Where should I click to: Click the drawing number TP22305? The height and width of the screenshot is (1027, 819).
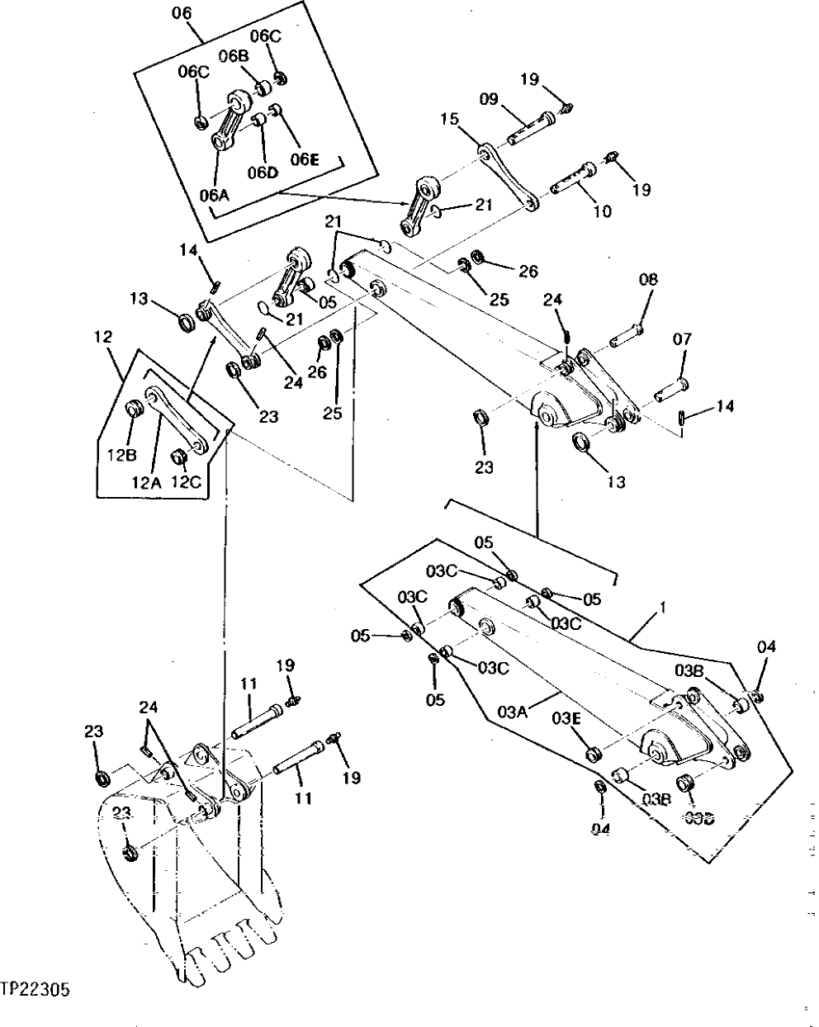[36, 987]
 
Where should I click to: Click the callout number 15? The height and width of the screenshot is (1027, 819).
[448, 120]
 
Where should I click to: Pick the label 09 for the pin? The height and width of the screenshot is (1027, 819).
[489, 99]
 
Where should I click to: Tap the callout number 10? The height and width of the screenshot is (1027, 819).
[602, 211]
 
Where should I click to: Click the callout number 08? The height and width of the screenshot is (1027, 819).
[648, 280]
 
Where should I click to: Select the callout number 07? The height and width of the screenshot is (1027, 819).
[683, 338]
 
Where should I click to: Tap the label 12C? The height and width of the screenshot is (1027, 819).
[187, 483]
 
